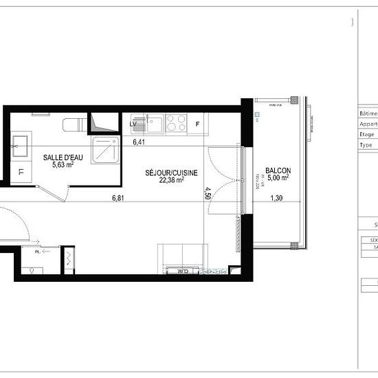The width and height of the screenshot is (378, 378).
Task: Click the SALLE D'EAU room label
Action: click(58, 157)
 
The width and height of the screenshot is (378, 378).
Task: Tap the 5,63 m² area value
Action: click(58, 165)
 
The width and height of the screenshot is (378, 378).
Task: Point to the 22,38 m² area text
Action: click(173, 180)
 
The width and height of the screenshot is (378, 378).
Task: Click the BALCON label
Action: click(278, 171)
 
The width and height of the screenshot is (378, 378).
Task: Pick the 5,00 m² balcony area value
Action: click(278, 179)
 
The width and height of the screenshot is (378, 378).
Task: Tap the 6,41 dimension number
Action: click(139, 142)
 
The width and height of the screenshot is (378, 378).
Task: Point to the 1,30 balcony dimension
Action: click(276, 199)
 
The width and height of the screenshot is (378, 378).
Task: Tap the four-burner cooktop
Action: click(176, 123)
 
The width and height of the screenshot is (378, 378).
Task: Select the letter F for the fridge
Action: click(198, 124)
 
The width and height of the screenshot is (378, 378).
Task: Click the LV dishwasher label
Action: click(133, 124)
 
